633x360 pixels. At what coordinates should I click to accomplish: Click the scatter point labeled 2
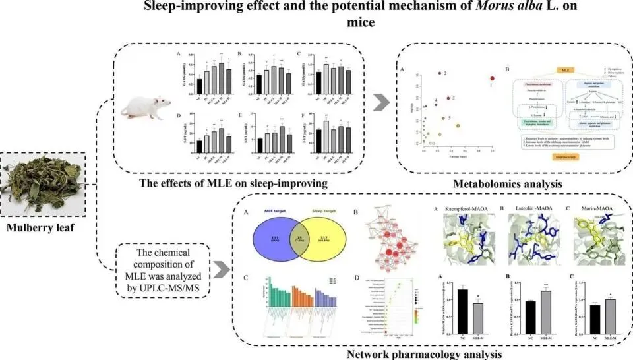coord(439,73)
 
